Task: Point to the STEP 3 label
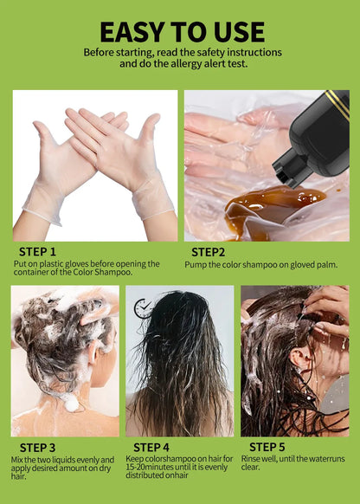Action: tap(35, 447)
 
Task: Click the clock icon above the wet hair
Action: tap(144, 306)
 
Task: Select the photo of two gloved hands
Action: tap(94, 165)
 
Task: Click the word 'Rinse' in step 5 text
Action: tap(251, 459)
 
